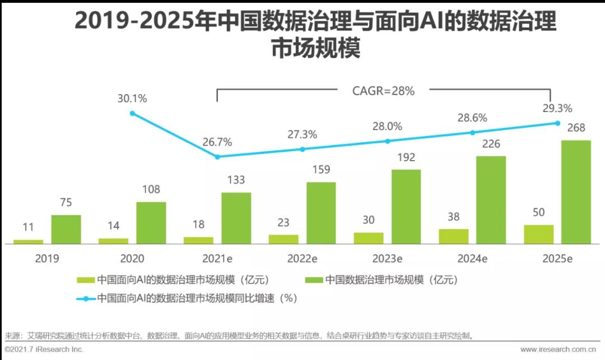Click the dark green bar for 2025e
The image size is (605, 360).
coord(576,192)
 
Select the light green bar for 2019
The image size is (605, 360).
coord(28,242)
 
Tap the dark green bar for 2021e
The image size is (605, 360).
coord(236,218)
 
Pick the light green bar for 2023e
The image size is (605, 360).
coord(369,238)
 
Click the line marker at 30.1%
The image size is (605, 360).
coord(132,113)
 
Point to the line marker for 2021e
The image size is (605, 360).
coord(217,157)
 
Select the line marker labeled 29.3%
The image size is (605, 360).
coord(558,123)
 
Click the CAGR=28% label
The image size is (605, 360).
coord(383,91)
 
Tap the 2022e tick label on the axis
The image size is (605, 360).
coord(302,259)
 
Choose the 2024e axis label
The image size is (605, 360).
coord(472,259)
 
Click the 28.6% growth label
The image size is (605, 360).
coord(472,118)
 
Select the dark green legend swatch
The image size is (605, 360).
coord(314,279)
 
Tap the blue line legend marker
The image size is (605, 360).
coord(86,298)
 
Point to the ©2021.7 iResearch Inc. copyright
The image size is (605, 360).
coord(44,349)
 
